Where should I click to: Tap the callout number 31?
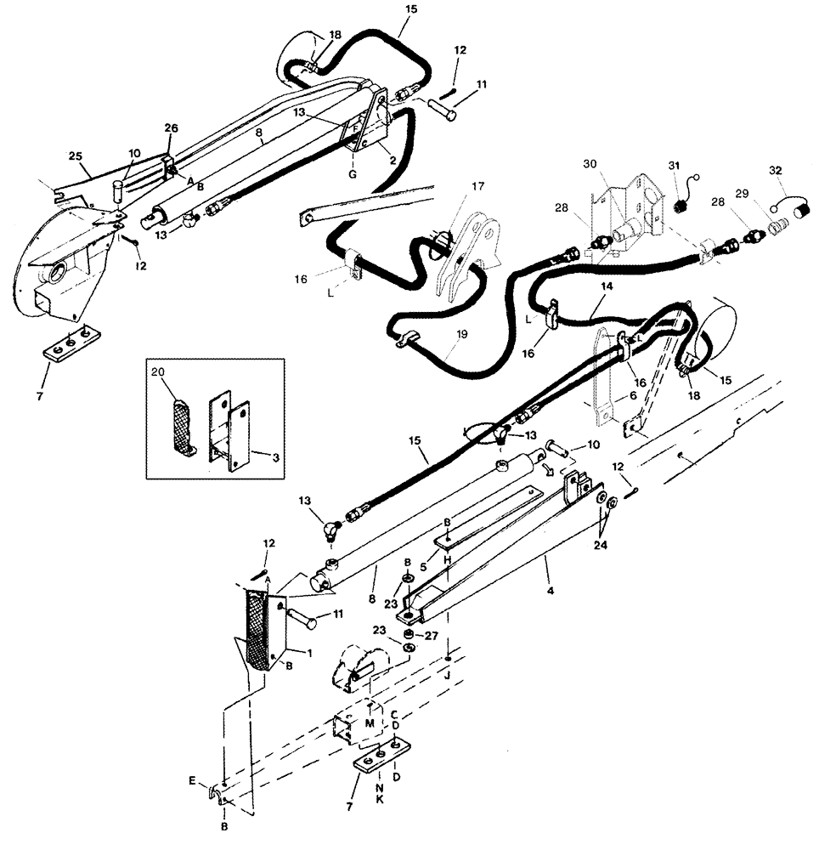tap(675, 165)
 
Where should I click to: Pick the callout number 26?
tap(171, 129)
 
